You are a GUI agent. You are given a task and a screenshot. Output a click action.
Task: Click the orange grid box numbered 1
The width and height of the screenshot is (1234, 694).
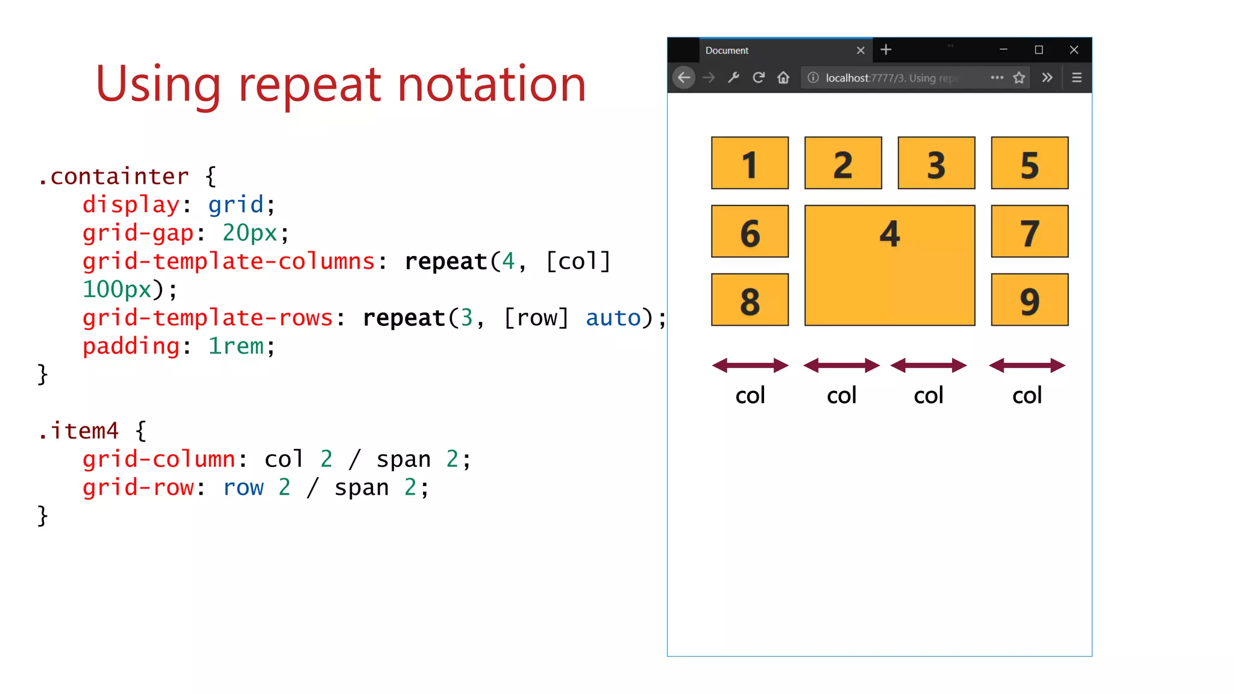pos(750,163)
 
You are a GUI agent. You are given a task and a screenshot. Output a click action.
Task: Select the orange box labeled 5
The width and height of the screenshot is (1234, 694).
pos(1029,163)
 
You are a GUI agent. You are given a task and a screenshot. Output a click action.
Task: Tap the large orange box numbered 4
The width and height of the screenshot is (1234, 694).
pos(889,265)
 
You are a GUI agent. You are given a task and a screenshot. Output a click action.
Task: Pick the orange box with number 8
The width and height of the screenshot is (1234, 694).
pos(750,300)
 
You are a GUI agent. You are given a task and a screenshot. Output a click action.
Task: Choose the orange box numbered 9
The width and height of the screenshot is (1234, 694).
pos(1029,300)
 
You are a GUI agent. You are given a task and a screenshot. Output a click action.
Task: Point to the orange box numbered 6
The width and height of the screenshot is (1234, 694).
pos(750,231)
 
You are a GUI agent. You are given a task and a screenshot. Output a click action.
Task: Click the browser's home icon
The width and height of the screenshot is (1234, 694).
pos(783,78)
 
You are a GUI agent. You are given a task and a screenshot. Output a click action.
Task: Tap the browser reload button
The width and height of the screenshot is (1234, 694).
pos(759,78)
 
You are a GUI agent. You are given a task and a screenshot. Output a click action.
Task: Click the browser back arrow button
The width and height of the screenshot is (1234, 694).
pos(684,78)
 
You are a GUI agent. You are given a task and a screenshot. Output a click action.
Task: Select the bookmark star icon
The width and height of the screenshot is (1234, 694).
pos(1019,78)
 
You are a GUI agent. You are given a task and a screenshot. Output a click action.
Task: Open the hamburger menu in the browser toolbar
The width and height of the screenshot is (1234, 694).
pos(1077,78)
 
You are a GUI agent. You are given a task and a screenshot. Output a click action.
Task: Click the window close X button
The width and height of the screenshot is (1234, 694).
pos(1074,50)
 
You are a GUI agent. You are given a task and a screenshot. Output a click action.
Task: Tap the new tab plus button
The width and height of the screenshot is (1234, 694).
pos(886,50)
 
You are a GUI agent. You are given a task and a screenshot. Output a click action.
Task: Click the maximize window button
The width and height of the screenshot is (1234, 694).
pos(1039,50)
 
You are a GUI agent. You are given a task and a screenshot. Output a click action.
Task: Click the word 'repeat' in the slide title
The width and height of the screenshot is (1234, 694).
pos(310,84)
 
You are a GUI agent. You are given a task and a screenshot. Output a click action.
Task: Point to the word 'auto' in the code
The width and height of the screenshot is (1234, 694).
pos(613,317)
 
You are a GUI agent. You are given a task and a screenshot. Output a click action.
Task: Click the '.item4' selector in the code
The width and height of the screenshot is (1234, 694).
pos(78,431)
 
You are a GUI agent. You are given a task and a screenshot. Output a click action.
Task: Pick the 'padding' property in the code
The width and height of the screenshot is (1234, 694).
pos(131,346)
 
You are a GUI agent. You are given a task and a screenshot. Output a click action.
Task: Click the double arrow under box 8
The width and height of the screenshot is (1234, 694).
pos(750,365)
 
